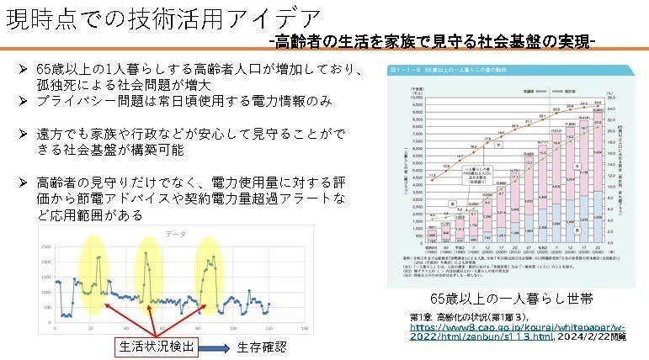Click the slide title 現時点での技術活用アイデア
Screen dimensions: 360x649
click(160, 19)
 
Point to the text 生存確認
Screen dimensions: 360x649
click(262, 346)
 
